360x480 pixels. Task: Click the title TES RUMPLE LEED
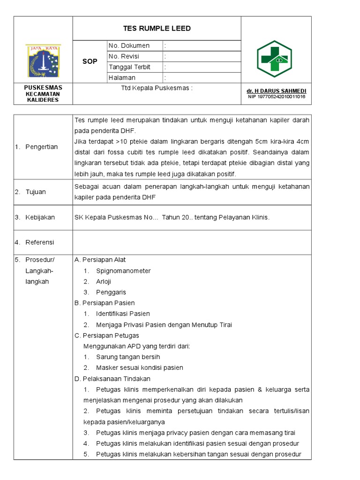coord(157,29)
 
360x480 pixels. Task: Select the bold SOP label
coord(90,61)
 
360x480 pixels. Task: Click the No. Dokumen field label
coord(129,45)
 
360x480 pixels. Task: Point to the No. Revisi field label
coord(127,56)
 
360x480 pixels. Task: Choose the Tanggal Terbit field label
coord(129,67)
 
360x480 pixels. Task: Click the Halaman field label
coord(122,78)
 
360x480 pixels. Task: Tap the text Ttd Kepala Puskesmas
coord(157,88)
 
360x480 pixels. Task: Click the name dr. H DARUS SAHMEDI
coord(276,90)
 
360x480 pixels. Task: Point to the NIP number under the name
coord(276,97)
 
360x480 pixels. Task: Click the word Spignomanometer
coord(123,271)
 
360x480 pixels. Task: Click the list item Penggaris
coord(111,292)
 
